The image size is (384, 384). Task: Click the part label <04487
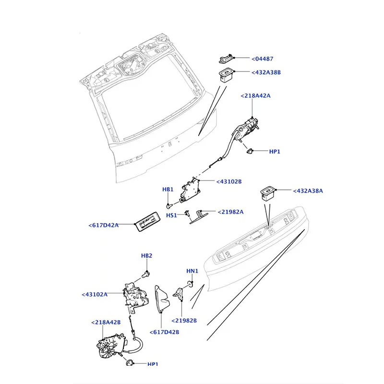point(262,59)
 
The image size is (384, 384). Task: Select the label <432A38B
point(266,72)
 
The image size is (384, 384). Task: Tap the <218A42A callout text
point(255,96)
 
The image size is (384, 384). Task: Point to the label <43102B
point(229,181)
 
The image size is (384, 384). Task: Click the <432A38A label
point(308,191)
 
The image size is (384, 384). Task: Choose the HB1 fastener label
point(168,189)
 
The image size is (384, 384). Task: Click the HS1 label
point(171,215)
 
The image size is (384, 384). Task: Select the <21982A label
point(230,212)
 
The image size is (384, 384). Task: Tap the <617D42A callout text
point(103,225)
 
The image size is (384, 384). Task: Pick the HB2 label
point(146,256)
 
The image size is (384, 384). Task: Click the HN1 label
point(192,271)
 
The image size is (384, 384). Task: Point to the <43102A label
point(95,294)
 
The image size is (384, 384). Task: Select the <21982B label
point(184,321)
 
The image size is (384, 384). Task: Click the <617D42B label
point(164,332)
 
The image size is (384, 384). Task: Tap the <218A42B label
point(106,322)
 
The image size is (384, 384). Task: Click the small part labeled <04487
point(226,59)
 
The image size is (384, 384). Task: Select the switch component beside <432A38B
point(226,75)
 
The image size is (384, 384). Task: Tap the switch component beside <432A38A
point(267,194)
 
